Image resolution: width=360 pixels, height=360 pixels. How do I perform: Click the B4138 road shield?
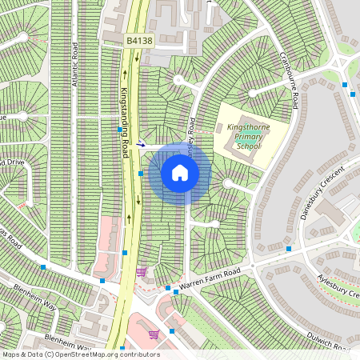(x=138, y=38)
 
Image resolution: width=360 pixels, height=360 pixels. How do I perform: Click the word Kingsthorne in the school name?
(x=249, y=127)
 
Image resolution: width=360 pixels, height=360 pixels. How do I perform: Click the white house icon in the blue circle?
(x=180, y=173)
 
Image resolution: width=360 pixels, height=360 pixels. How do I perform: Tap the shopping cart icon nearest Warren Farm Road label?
(x=141, y=272)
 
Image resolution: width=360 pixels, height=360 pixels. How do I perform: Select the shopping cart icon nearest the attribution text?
(x=153, y=334)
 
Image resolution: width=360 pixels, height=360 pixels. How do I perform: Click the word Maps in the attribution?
(x=12, y=354)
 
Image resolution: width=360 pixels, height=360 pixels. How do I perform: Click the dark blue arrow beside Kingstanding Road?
(x=141, y=145)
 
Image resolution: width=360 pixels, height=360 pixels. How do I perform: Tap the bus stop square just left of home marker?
(x=141, y=173)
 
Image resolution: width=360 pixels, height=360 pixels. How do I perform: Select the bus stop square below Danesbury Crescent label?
(x=288, y=248)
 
